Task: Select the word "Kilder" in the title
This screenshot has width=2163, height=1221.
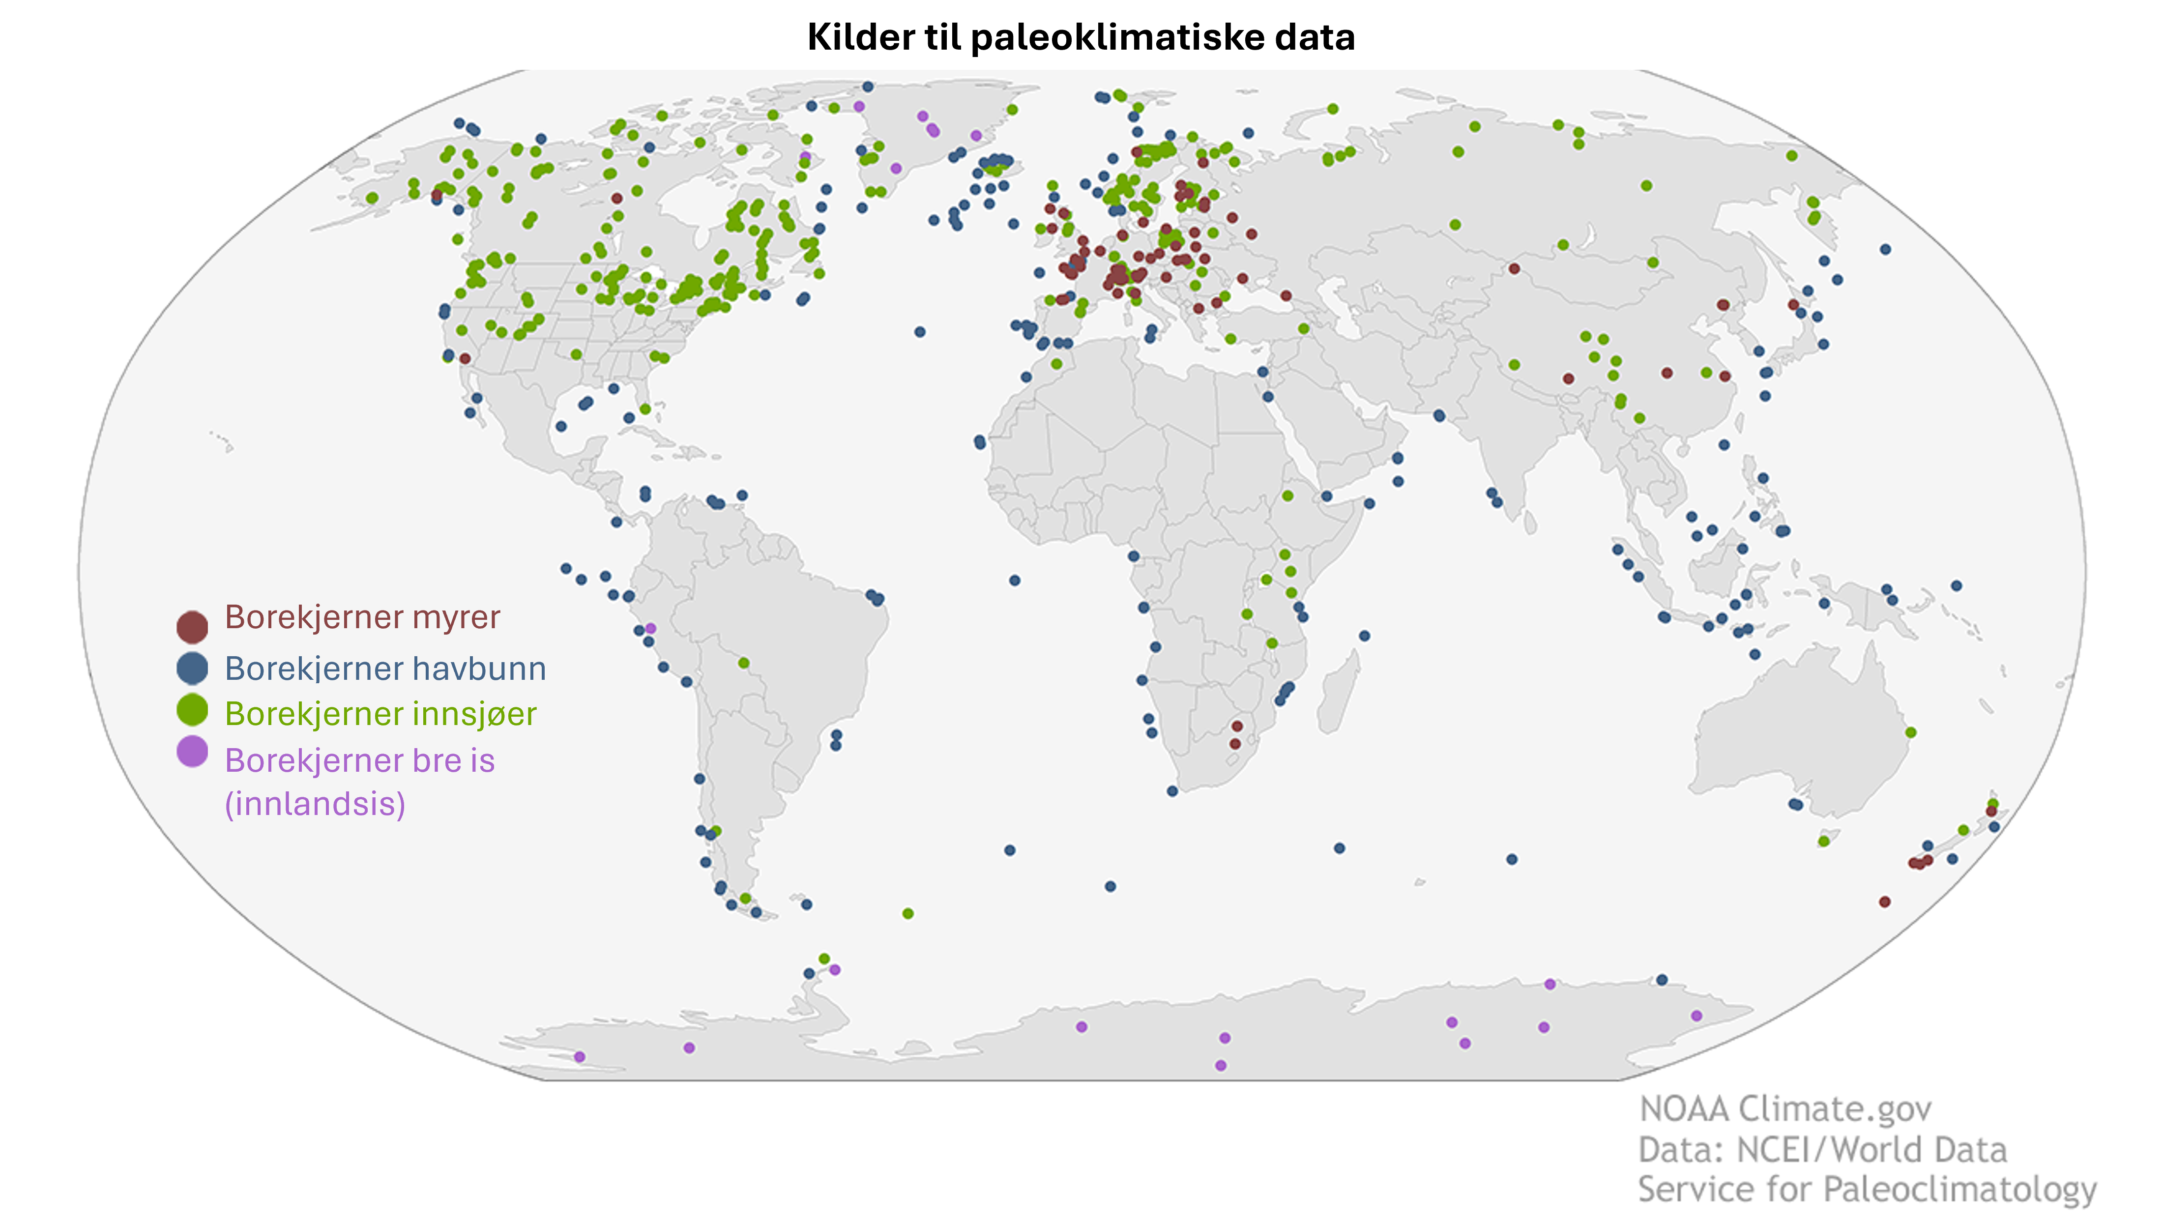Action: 861,38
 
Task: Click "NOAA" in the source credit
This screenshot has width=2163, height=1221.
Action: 1684,1109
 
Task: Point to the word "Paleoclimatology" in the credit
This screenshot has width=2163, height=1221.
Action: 1960,1189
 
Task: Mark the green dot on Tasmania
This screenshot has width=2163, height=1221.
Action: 1823,841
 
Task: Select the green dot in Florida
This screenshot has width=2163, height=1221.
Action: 645,409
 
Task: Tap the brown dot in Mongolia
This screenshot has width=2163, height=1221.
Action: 1514,269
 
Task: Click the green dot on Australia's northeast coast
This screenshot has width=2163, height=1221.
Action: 1910,732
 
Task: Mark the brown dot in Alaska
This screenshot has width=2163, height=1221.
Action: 437,195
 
